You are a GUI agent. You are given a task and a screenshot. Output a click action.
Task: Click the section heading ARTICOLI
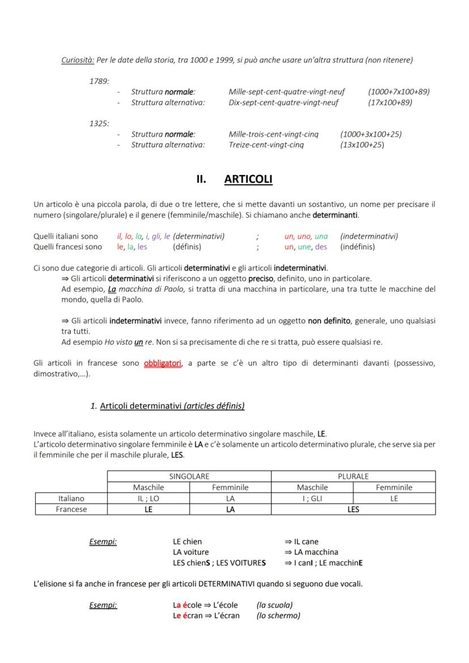(x=248, y=179)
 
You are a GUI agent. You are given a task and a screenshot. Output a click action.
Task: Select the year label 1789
(x=99, y=81)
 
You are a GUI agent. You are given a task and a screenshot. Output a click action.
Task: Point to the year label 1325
(x=99, y=123)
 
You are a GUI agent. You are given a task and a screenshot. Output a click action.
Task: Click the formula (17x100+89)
(x=390, y=102)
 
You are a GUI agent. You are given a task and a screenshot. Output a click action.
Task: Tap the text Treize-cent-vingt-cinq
(x=266, y=145)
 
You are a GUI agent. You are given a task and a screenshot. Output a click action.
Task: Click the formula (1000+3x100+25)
(x=371, y=134)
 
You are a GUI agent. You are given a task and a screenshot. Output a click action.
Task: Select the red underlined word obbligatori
(x=163, y=363)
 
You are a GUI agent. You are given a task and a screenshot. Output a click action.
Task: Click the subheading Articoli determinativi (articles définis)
(x=172, y=405)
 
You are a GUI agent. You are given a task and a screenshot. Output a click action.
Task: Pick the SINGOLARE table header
(x=189, y=476)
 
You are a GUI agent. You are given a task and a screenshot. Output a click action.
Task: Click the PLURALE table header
(x=353, y=476)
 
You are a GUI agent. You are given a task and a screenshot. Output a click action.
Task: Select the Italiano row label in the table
(x=71, y=498)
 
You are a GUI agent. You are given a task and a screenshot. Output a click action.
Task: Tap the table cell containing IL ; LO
(x=148, y=498)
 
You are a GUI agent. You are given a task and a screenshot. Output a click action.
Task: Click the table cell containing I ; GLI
(x=312, y=498)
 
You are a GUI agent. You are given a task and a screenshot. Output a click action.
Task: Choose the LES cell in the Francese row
(x=353, y=509)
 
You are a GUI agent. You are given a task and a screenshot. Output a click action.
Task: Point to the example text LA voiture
(x=191, y=552)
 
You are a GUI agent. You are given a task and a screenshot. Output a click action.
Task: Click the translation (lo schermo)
(x=278, y=615)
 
